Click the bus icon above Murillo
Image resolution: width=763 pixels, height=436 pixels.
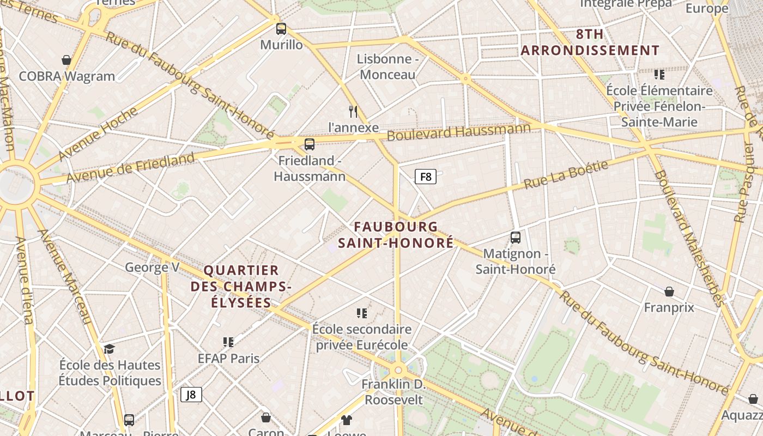tap(281, 29)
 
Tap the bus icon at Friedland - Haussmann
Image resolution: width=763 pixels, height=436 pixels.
tap(310, 144)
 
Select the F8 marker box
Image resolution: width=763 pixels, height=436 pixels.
tap(426, 177)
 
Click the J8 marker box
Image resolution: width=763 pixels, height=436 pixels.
tap(191, 395)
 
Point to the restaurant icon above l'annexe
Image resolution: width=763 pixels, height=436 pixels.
tap(353, 112)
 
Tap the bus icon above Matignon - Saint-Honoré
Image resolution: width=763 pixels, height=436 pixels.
tap(516, 238)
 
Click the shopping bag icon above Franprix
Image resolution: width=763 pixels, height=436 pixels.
tap(669, 292)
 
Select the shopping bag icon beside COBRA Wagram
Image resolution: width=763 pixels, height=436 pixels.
tap(66, 60)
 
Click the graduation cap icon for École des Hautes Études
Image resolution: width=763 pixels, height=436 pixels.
tap(110, 349)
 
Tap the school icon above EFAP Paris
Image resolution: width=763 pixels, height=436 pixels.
tap(228, 342)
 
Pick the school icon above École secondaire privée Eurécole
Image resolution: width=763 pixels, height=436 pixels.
tap(362, 313)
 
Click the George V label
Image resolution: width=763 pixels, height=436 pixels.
tap(152, 267)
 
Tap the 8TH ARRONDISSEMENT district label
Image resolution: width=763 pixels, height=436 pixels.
tap(590, 43)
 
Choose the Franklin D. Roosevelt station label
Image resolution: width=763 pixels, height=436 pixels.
tap(393, 392)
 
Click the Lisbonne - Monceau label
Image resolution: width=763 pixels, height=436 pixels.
tap(387, 66)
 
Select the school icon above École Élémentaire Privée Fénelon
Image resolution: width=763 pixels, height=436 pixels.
tap(659, 74)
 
